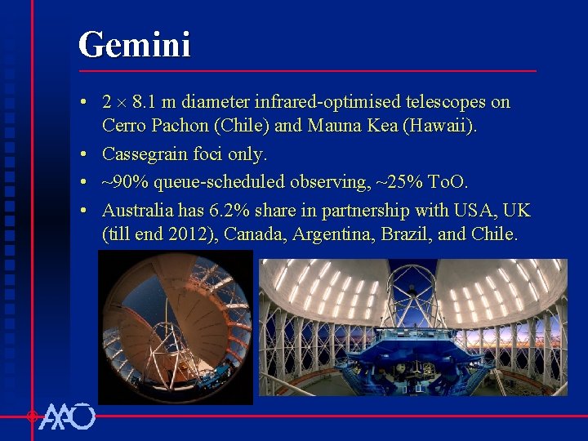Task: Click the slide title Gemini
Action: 135,44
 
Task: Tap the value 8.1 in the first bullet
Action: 145,102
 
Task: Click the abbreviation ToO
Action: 448,180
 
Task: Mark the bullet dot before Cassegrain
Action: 85,154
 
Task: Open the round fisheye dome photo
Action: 176,327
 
